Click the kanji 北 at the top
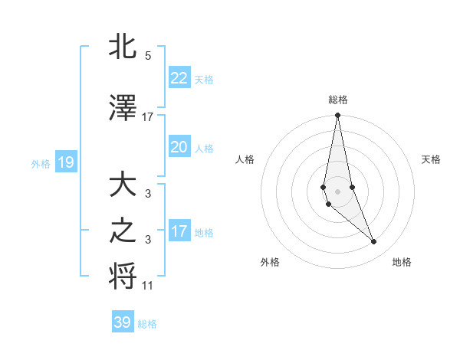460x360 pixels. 123,47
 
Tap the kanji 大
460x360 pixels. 123,187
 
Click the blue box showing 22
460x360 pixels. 179,77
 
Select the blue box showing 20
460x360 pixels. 179,147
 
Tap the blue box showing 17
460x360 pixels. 179,231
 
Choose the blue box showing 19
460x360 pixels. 65,162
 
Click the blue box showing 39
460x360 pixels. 122,322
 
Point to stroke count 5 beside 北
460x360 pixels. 148,56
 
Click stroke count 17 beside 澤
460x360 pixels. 148,117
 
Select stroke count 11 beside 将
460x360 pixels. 148,286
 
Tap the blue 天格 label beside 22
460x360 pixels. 204,79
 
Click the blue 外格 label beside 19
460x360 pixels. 41,163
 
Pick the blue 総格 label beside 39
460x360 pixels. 147,324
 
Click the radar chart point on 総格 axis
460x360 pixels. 337,116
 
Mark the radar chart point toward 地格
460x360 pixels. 374,242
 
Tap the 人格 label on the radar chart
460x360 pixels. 245,159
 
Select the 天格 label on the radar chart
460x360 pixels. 432,159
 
